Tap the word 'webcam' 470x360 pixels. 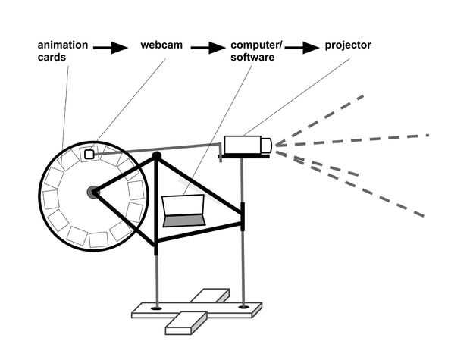160,46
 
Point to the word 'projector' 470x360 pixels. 349,46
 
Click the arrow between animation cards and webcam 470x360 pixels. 110,48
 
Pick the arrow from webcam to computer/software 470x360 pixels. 208,48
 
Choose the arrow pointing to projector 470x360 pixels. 302,48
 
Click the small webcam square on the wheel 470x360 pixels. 89,154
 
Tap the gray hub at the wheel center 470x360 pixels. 93,193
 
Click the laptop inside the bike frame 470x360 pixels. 184,210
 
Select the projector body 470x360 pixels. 242,143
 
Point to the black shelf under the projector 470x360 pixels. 246,156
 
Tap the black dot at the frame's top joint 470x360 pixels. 157,156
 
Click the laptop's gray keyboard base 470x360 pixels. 184,221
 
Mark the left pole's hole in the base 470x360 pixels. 156,308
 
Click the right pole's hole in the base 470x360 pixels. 243,307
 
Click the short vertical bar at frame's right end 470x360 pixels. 243,217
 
